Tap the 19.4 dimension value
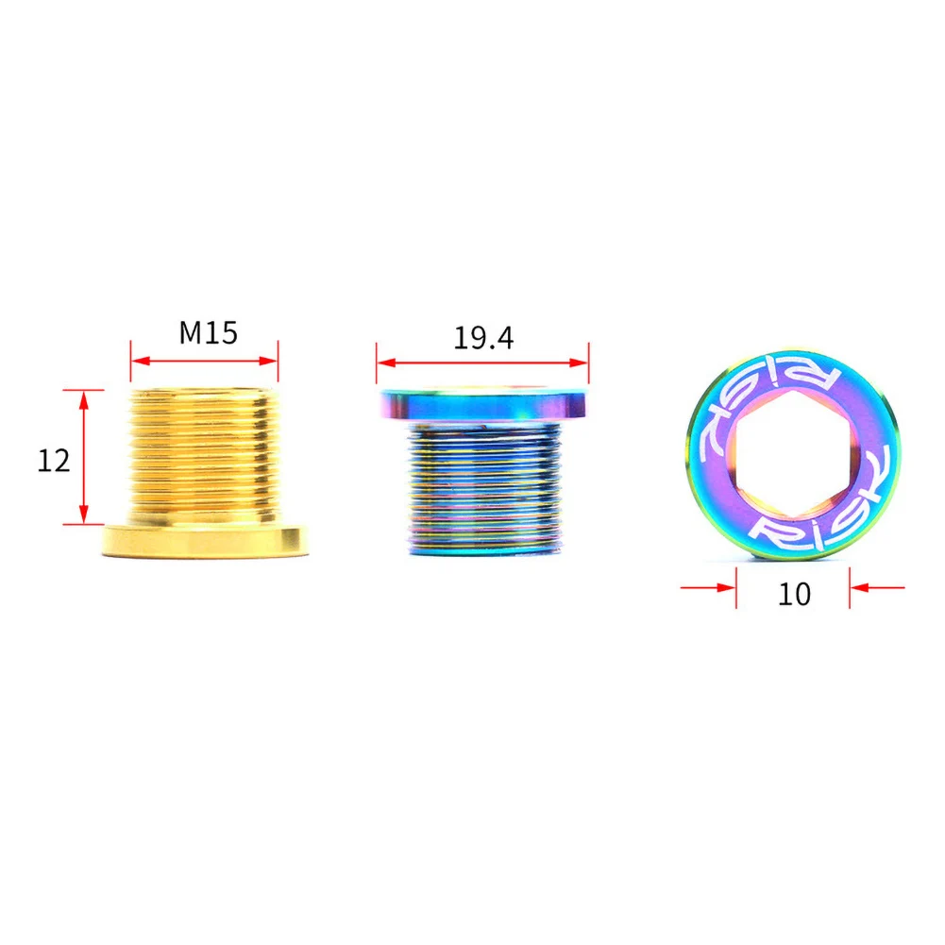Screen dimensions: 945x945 pyautogui.click(x=483, y=337)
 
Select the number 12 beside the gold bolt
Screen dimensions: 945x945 pyautogui.click(x=54, y=461)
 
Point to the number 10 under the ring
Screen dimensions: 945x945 pyautogui.click(x=794, y=594)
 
